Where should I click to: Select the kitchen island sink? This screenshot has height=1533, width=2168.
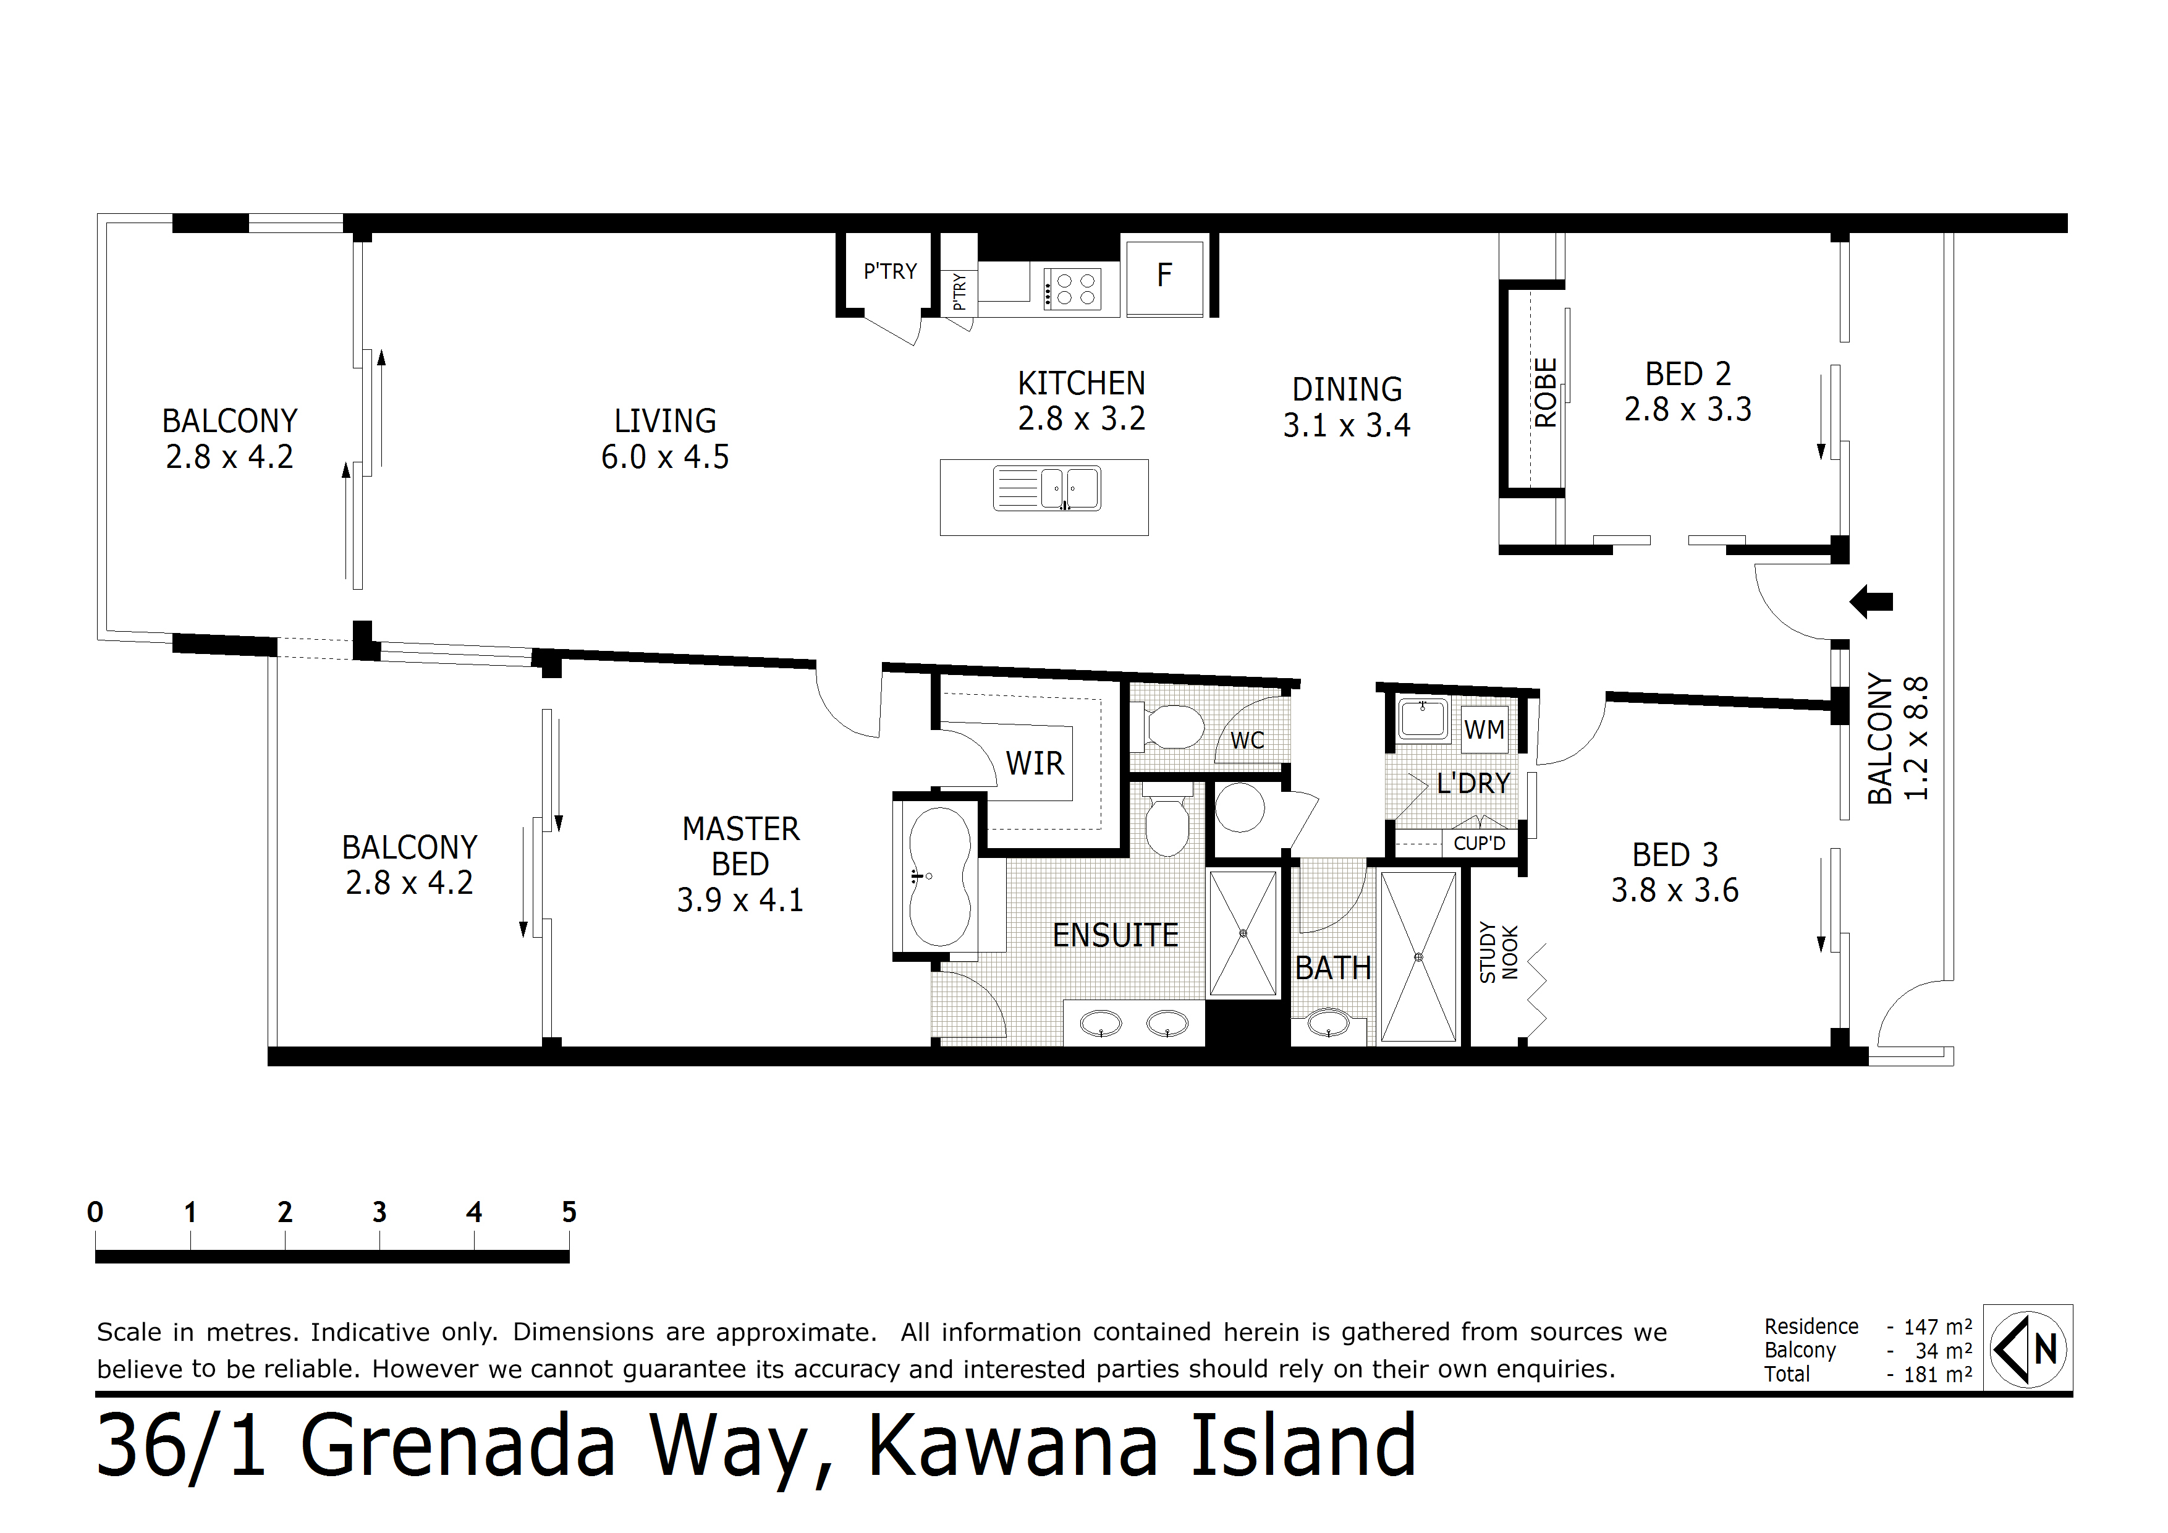coord(1046,488)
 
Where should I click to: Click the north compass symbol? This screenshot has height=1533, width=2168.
coord(2028,1348)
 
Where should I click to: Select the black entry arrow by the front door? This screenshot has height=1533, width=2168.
coord(1871,601)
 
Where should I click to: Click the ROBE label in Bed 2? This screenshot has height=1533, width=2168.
coord(1546,392)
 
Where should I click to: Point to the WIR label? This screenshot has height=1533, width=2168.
coord(1035,763)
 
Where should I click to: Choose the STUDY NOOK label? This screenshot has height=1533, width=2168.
coord(1499,952)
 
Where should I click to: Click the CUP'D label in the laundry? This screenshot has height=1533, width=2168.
coord(1479,843)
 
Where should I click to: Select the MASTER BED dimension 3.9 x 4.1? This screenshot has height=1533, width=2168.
coord(740,900)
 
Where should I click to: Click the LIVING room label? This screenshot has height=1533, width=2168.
coord(666,420)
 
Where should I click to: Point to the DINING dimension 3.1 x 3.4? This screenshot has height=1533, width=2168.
coord(1347,426)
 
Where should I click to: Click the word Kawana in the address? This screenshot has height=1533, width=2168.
coord(1013,1446)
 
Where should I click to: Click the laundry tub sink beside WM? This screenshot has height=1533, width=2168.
coord(1423,720)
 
